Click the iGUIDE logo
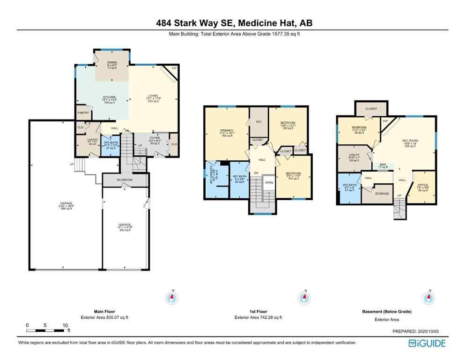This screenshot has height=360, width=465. [427, 344]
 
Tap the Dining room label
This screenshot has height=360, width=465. [111, 62]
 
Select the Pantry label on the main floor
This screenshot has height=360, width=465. [83, 113]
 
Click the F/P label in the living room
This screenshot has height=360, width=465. [174, 69]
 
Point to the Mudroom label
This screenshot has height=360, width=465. [125, 180]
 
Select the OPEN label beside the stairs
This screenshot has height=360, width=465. [269, 182]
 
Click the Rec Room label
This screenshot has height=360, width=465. [409, 141]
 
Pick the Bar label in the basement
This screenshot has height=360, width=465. [383, 165]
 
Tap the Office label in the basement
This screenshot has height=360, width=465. [423, 185]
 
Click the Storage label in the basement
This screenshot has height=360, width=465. [383, 193]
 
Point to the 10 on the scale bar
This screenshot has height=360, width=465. [65, 325]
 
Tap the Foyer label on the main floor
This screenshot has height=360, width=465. [155, 138]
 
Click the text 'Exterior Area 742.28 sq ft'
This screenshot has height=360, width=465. [258, 317]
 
